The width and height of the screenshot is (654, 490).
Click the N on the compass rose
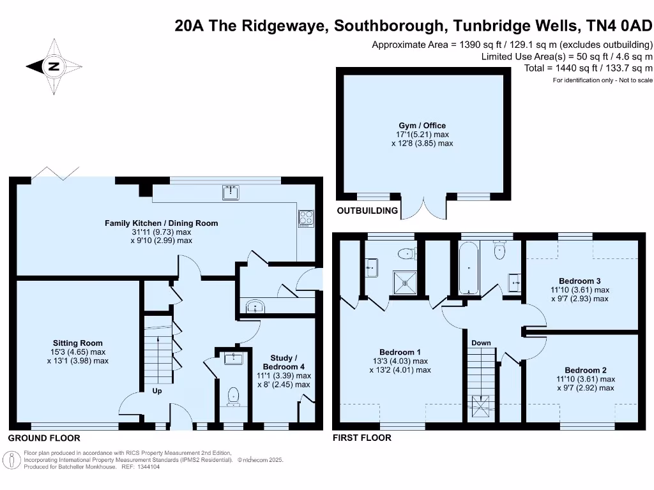pos(54,66)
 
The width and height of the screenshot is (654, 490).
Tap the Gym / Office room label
pos(422,126)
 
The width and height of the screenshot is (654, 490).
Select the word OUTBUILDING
pos(367,211)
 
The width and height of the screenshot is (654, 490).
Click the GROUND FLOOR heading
pos(44,438)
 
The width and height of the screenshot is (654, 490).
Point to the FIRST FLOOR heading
pos(361,438)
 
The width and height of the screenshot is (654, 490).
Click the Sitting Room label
pos(78,343)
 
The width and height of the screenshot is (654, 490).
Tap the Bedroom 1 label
pos(400,352)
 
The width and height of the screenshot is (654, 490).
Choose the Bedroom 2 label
pos(585,370)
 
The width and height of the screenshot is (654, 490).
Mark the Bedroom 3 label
pos(579,281)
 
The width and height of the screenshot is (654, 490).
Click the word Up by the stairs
pos(156,391)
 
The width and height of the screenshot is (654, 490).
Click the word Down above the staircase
pos(481,343)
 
